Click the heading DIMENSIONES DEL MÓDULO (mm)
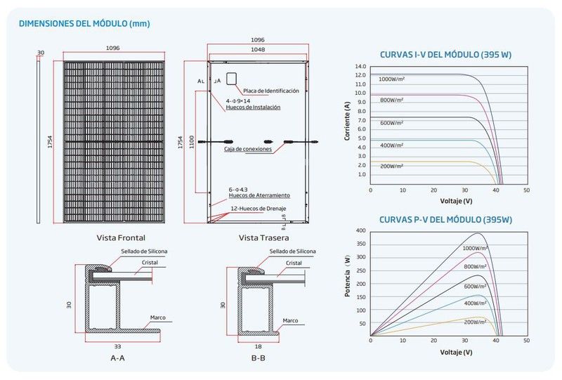click(x=84, y=24)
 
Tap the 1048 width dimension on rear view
click(x=258, y=49)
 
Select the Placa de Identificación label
click(x=271, y=91)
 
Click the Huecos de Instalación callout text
click(x=253, y=107)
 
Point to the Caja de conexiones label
click(x=248, y=149)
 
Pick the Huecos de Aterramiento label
click(x=259, y=195)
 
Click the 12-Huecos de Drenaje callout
click(x=259, y=209)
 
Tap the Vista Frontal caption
click(x=121, y=237)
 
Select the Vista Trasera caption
click(x=264, y=237)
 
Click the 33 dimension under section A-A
click(x=117, y=347)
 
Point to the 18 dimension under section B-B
click(x=258, y=347)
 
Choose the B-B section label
click(x=258, y=358)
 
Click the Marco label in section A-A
click(x=157, y=317)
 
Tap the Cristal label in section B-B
click(x=294, y=263)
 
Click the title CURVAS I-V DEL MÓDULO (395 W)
click(x=445, y=55)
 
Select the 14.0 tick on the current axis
click(x=360, y=67)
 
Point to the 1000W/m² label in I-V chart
click(x=391, y=79)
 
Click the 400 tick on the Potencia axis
click(x=361, y=230)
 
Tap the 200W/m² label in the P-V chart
click(x=476, y=322)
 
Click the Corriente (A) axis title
click(x=346, y=121)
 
